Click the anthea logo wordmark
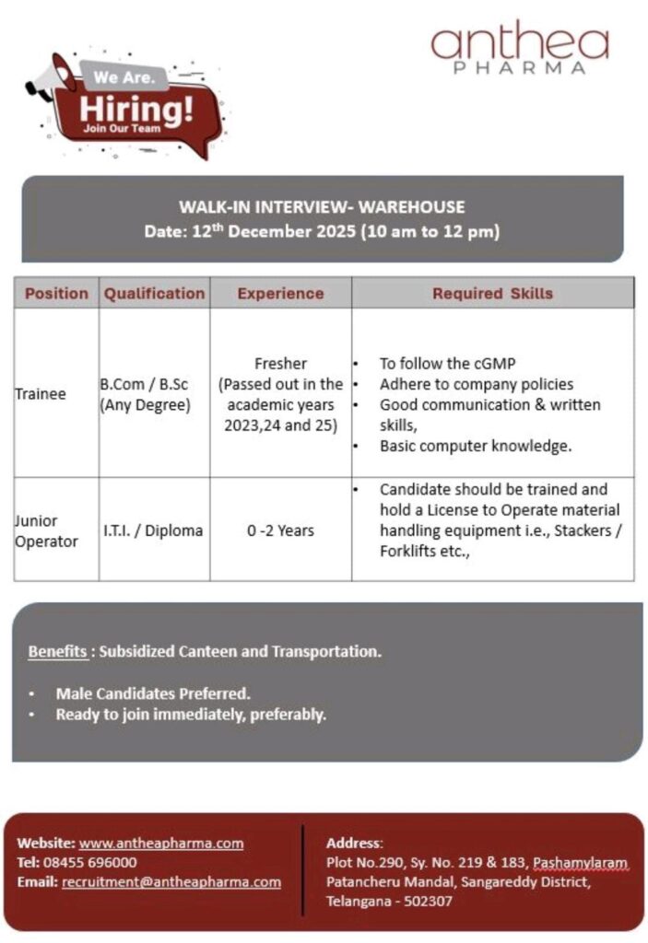coord(520,41)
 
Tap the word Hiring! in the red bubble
coord(135,108)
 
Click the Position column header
coord(56,294)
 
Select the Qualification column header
coord(154,294)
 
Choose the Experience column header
coord(280,294)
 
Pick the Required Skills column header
coord(492,294)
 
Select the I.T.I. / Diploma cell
coord(153,530)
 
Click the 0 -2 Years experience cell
coord(280,530)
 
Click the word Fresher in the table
coord(280,364)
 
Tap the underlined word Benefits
coord(57,651)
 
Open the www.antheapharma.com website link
coord(161,843)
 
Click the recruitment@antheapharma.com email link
coord(171,881)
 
